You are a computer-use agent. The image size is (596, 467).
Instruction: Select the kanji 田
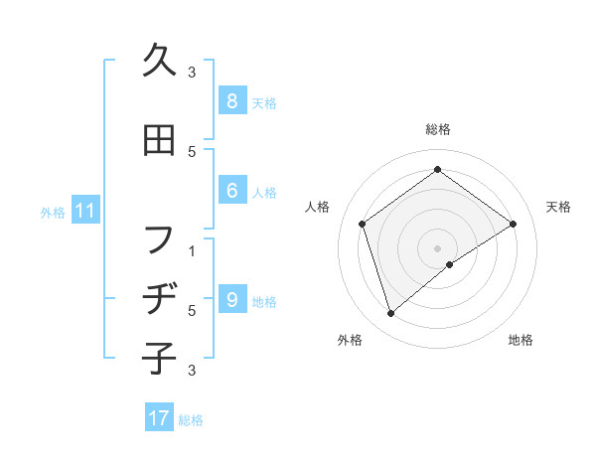coord(159,140)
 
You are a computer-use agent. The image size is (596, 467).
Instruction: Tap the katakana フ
coord(159,239)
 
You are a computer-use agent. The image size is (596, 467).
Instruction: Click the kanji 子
coord(159,355)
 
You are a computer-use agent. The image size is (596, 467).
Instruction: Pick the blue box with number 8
coord(230,101)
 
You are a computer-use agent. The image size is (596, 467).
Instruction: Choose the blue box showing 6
coord(230,191)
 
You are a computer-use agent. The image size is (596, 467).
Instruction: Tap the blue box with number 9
coord(230,300)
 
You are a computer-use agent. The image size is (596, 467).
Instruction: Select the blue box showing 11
coord(84,211)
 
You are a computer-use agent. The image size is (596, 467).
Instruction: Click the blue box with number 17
coord(159,418)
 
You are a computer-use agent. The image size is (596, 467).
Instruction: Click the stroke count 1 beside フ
coord(192,250)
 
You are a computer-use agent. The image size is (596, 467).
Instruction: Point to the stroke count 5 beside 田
coord(192,151)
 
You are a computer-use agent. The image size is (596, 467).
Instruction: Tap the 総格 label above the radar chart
coord(437,129)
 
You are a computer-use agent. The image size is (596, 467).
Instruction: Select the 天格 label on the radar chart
coord(558,207)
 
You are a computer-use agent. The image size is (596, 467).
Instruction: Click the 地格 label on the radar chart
coord(521,340)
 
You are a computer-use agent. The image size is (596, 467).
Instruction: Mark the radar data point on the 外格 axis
coord(391,314)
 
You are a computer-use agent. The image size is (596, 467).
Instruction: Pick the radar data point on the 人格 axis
coord(363,224)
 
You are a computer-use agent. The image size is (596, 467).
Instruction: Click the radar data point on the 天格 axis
coord(513,224)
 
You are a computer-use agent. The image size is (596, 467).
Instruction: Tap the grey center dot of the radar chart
coord(437,247)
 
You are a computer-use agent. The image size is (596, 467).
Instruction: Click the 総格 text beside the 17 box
coord(191,420)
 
